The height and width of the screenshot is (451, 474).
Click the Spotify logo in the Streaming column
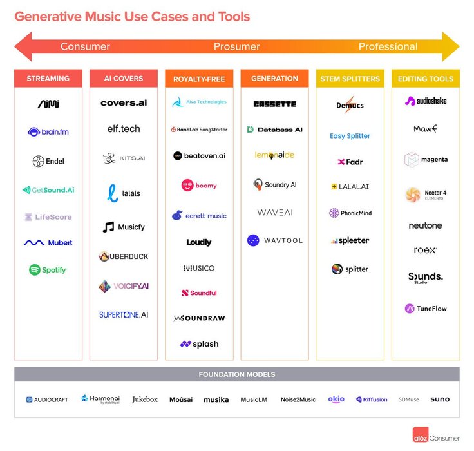(48, 270)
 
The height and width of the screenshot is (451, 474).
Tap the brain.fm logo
(48, 132)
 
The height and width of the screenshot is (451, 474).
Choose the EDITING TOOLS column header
(426, 79)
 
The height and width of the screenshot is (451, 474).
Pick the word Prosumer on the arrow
(237, 46)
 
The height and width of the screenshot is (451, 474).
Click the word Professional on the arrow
(388, 46)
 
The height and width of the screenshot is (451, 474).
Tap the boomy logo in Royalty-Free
(198, 186)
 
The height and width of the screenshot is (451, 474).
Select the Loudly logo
(198, 242)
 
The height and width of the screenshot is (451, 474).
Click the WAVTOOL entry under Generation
(274, 240)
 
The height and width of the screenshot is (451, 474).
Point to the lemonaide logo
(274, 155)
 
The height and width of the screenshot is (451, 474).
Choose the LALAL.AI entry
(350, 187)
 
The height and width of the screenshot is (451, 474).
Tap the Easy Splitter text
(350, 136)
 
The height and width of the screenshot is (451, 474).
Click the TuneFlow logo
(426, 309)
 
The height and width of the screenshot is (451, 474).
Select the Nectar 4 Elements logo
(426, 194)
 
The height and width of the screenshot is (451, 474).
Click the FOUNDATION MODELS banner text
(237, 374)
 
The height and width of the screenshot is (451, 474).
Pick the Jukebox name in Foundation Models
(145, 399)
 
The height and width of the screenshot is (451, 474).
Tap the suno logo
(440, 399)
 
